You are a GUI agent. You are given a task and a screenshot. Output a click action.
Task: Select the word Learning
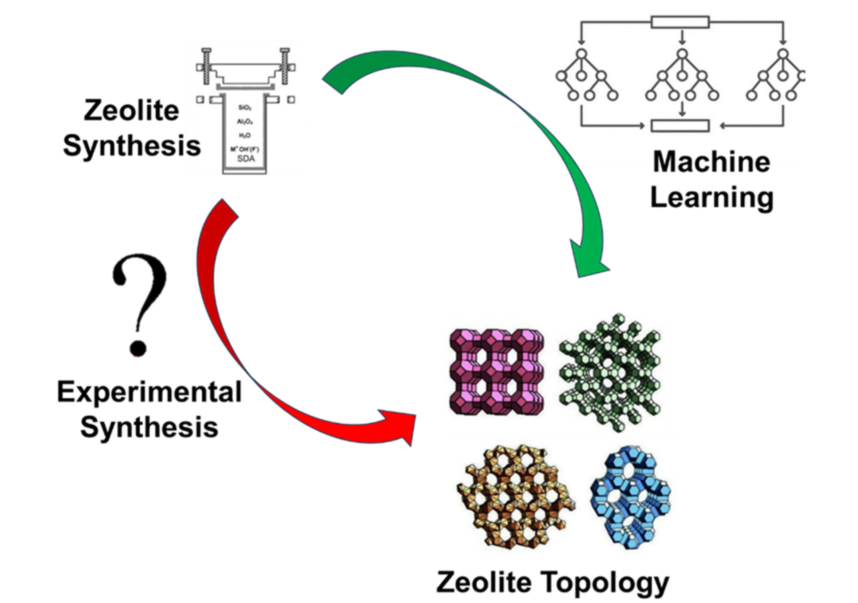pos(712,198)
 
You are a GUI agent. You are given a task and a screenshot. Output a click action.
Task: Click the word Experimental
pos(149,392)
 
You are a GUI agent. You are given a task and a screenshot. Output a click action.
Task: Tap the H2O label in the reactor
pos(245,135)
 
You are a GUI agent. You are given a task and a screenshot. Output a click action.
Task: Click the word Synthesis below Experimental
pos(149,427)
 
